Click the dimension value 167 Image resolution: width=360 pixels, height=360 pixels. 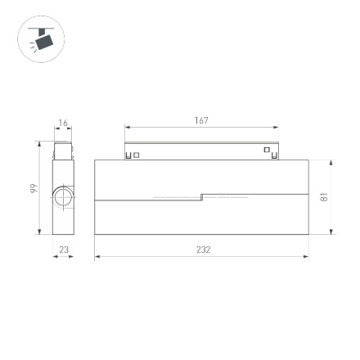201,120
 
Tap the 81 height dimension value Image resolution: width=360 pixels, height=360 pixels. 324,197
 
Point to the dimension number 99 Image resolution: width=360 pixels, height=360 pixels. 34,189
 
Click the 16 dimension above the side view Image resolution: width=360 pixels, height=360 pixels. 61,124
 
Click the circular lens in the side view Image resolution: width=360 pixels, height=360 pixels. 63,197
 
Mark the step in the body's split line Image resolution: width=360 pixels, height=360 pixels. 201,196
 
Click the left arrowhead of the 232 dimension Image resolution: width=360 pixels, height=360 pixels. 97,256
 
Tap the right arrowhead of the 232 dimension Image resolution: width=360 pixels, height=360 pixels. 307,256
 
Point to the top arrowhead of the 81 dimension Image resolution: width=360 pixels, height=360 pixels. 331,162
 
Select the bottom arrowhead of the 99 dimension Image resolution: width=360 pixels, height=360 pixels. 39,232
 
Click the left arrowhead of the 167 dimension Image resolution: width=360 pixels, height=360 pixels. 127,127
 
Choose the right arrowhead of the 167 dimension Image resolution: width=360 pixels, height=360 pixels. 276,127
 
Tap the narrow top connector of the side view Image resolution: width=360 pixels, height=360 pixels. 61,151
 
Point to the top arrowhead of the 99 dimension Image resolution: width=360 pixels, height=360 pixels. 39,144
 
